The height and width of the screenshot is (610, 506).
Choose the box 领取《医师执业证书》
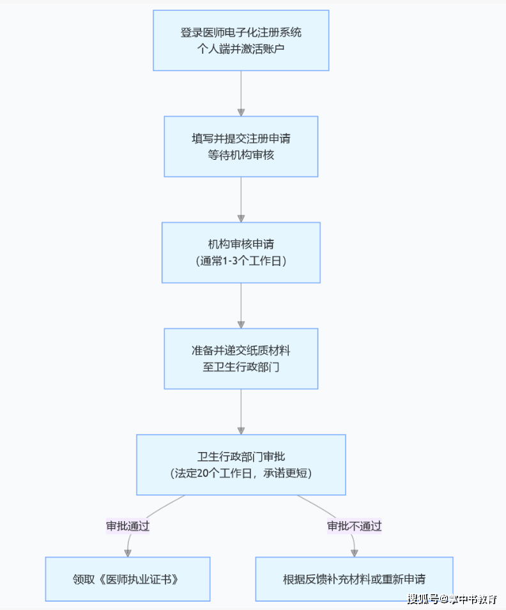128,579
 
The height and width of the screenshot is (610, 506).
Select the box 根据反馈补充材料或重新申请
354,579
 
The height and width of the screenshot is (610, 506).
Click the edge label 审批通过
128,526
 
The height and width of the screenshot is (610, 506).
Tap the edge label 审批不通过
354,526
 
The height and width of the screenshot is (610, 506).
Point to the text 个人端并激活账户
241,48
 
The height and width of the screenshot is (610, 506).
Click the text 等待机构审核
241,155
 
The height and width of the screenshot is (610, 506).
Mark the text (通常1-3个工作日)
241,261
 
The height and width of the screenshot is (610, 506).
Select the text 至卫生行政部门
241,367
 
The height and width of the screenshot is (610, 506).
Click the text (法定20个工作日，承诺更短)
241,473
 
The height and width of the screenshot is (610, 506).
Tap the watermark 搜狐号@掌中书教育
452,599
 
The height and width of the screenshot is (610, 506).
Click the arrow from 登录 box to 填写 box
241,93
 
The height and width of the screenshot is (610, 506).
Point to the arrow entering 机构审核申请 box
241,199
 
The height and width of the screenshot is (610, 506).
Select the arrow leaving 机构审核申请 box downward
241,305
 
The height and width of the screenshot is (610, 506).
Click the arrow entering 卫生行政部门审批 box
241,411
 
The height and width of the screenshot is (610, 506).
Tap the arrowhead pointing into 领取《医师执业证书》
128,552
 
